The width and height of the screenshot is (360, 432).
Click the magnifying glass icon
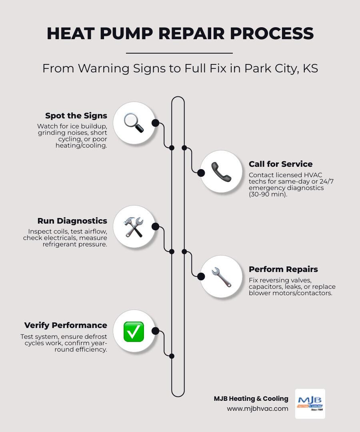click(134, 123)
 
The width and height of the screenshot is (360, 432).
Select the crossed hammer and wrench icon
click(134, 227)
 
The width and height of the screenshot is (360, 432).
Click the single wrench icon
click(221, 277)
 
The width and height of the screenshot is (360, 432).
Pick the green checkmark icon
click(134, 332)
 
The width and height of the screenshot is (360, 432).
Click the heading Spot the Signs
click(76, 116)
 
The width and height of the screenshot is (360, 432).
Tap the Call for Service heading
click(280, 164)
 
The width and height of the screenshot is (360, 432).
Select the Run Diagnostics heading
click(72, 221)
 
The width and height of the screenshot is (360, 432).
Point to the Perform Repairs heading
click(283, 269)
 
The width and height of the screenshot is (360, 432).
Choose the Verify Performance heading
click(66, 325)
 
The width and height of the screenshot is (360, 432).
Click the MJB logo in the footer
click(310, 403)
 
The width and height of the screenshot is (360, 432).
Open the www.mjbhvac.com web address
click(258, 408)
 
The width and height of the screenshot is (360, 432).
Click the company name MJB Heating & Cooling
click(251, 398)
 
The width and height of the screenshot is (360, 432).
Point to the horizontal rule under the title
click(179, 53)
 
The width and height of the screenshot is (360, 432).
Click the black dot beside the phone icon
click(201, 173)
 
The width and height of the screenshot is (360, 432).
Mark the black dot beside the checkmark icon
click(156, 331)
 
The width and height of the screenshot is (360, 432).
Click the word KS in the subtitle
click(310, 68)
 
